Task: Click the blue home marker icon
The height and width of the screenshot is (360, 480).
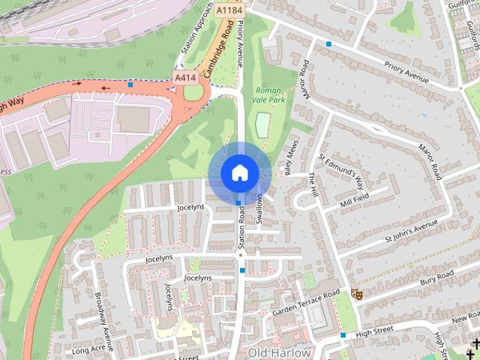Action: (x=238, y=173)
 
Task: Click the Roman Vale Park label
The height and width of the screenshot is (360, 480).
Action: (x=268, y=93)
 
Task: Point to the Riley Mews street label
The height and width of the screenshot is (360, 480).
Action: (x=286, y=156)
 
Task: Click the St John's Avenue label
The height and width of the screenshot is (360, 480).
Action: (x=410, y=230)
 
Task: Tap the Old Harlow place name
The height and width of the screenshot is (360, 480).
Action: (x=279, y=352)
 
